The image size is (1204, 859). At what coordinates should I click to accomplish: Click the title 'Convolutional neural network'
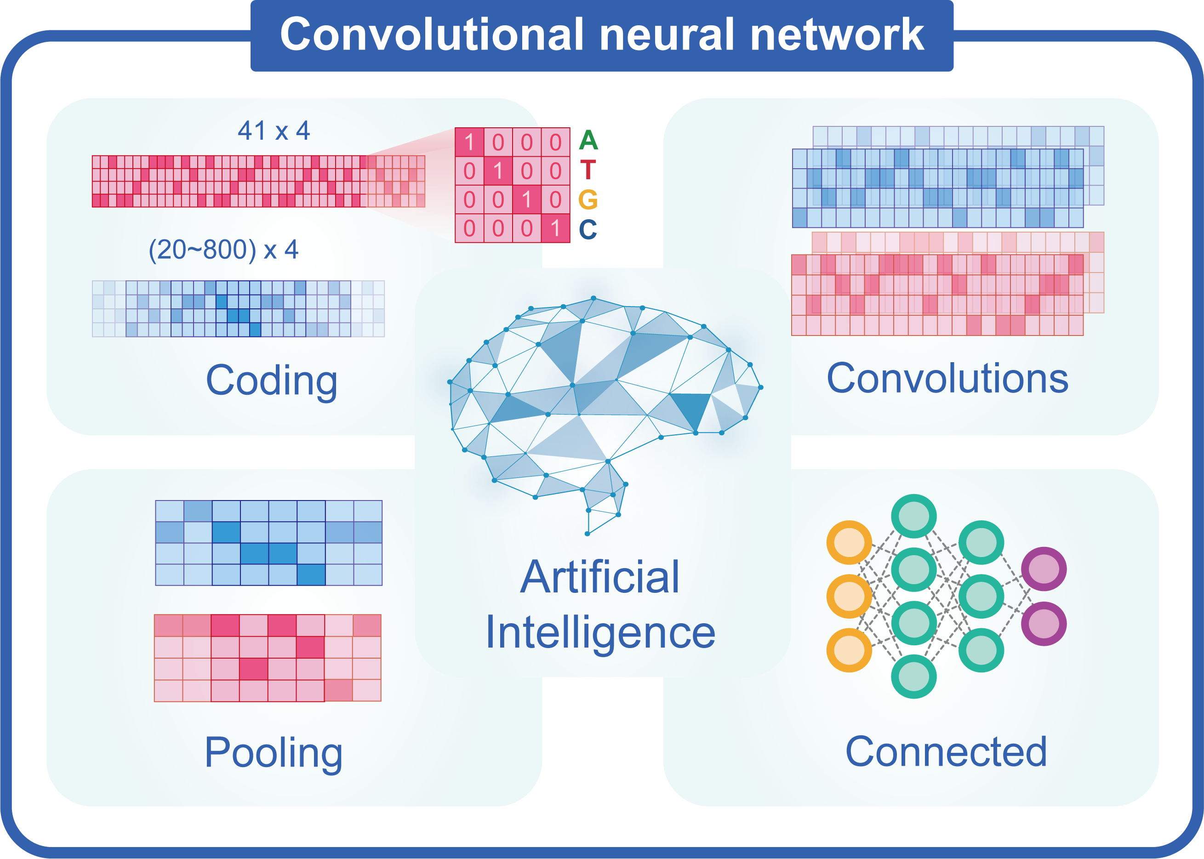602,34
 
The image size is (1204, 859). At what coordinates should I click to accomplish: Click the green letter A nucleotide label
588,140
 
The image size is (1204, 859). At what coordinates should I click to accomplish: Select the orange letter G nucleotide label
588,199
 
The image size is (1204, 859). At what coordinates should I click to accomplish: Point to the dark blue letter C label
588,229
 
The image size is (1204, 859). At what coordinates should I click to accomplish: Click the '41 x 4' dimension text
274,130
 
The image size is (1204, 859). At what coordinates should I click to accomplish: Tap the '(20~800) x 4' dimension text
223,250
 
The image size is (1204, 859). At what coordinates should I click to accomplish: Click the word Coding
271,381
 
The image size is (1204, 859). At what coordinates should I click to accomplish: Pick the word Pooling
274,753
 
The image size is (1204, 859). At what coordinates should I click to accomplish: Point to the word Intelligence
600,632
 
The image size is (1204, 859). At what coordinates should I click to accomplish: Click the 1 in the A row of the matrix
469,142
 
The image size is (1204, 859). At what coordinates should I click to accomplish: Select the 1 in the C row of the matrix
555,228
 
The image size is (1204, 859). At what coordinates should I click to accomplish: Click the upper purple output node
1043,569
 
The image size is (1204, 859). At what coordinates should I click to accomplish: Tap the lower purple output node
1043,624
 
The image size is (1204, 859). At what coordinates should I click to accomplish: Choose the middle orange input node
849,596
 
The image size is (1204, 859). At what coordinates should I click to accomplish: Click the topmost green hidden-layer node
913,516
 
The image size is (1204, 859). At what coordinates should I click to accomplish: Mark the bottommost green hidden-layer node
913,677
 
